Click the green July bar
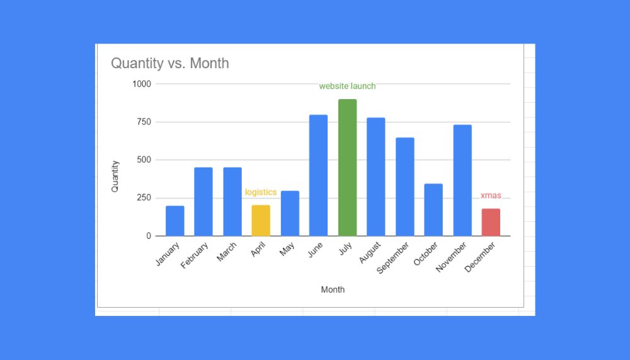coord(347,168)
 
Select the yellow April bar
coord(261,221)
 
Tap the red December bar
coord(491,223)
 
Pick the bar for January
coord(175,221)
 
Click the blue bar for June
coord(318,175)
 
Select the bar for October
coord(433,210)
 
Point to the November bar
coord(462,180)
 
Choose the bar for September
coord(404,187)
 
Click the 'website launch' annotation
coord(347,86)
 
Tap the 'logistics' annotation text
coord(261,192)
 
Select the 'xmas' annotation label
coord(491,195)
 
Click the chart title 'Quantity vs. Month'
coord(170,64)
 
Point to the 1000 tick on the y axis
coord(141,84)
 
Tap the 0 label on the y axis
coord(149,236)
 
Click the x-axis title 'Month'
coord(333,290)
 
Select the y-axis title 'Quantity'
coord(115,176)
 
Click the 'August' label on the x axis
coord(370,252)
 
